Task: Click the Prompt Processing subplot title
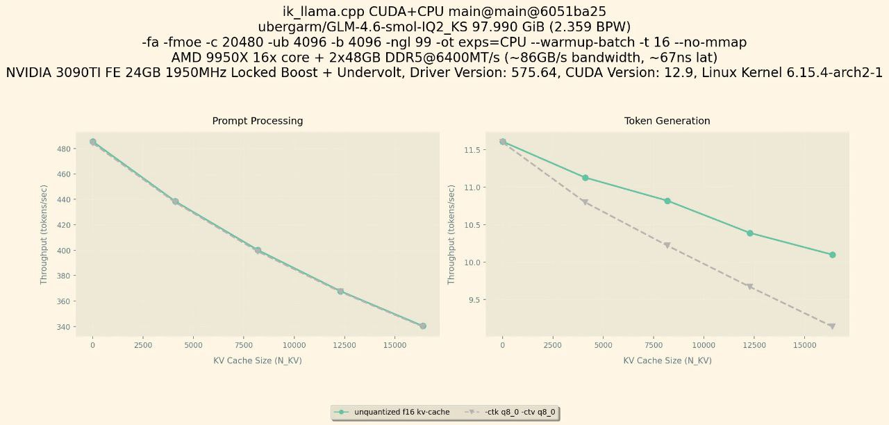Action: tap(257, 121)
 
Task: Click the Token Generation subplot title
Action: tap(667, 121)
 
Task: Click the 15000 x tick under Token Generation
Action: tap(804, 345)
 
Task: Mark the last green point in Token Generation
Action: tap(832, 255)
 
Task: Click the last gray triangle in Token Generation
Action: tap(832, 326)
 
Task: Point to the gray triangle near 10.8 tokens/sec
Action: tap(585, 202)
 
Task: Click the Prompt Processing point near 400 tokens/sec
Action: tap(258, 250)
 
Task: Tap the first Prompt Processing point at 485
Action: tap(93, 142)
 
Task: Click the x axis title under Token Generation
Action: tap(667, 360)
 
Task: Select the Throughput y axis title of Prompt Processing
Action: tap(44, 234)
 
